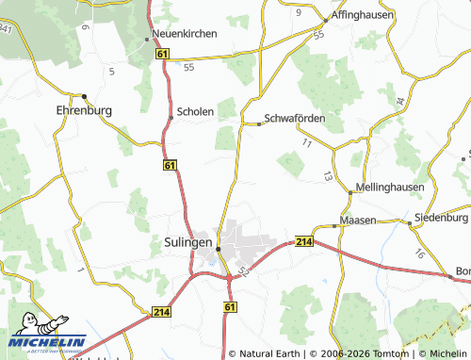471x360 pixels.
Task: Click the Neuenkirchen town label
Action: coord(186,33)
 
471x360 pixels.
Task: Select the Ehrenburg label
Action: coord(85,110)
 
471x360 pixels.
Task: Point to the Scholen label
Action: coord(196,110)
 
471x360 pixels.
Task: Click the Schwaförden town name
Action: coord(295,119)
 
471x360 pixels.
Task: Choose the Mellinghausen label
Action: coord(390,188)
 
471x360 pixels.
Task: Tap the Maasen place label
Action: coord(359,221)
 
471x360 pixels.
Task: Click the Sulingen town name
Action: coord(182,241)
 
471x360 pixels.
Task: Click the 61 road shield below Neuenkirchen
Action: coord(163,57)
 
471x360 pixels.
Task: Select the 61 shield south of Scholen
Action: coord(169,166)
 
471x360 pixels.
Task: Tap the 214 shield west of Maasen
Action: coord(302,242)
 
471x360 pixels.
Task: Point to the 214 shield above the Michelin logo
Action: coord(160,311)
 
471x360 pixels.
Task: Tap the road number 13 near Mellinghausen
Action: coord(327,176)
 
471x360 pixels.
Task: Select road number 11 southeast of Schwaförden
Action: coord(307,142)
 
